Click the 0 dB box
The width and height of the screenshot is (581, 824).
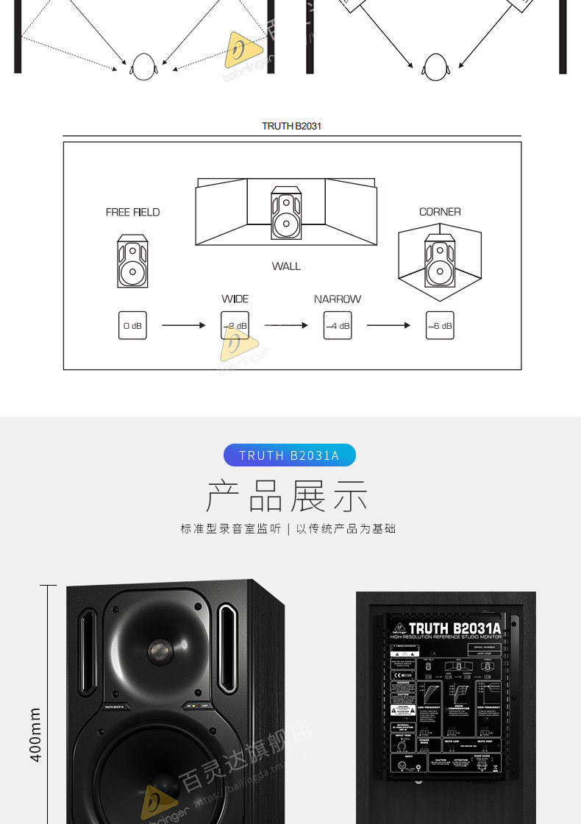[132, 325]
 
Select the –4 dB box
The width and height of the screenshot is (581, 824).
[338, 325]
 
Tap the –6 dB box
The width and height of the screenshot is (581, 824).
[440, 325]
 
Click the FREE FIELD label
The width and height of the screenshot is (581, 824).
[132, 212]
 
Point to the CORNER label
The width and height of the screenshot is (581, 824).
[440, 212]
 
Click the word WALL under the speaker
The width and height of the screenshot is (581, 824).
[286, 266]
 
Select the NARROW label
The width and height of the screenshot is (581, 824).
[338, 299]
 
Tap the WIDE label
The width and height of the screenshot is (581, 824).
[235, 299]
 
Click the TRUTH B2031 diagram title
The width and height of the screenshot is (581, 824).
[291, 126]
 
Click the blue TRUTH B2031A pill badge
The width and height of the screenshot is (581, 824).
[289, 455]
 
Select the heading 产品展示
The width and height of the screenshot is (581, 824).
[287, 496]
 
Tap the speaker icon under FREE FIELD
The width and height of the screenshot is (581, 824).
[132, 261]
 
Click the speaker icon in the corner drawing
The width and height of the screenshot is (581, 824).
[440, 260]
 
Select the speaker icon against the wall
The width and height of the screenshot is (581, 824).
[286, 213]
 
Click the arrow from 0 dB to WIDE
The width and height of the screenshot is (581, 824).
[183, 325]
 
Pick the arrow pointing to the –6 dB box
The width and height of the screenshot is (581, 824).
[388, 325]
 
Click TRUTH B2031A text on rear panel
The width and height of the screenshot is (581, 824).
[455, 628]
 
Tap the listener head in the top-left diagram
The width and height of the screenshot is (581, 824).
[144, 67]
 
